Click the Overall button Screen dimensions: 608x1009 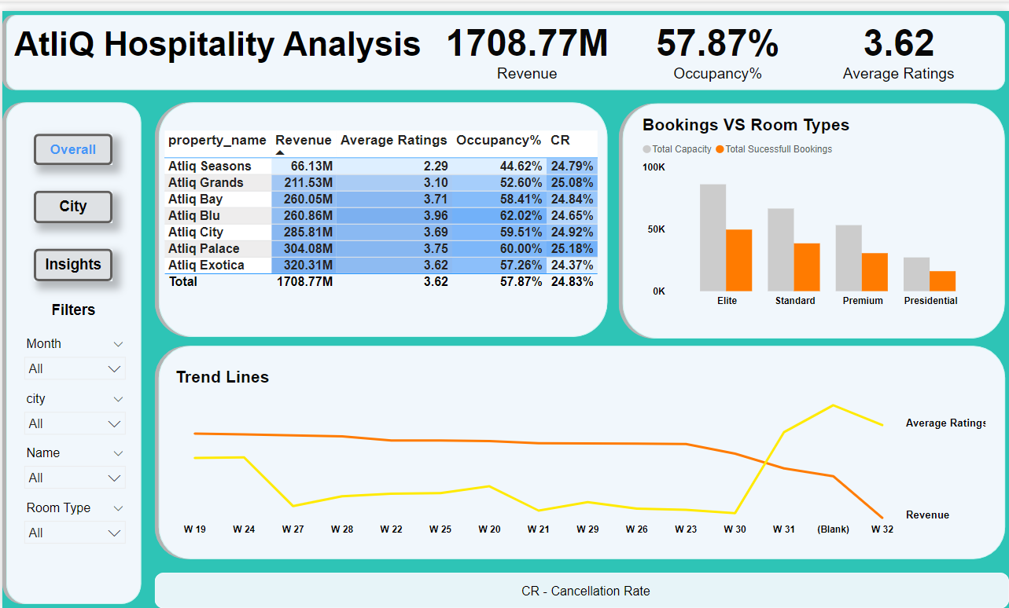pos(73,149)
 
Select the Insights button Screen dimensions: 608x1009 pos(73,265)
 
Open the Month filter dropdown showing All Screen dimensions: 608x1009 pos(75,368)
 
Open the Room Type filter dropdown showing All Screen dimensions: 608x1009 pos(75,533)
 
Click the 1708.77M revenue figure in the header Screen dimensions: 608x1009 pos(527,44)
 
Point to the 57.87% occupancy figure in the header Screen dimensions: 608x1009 pos(717,44)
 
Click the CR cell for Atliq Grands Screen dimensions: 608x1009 pos(572,183)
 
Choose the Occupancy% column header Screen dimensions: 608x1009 pos(499,141)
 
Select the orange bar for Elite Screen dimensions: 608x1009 pos(739,260)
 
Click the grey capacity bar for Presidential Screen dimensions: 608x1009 pos(916,274)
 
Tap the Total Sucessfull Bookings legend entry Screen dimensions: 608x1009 pos(778,149)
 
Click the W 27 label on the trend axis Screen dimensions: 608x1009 pos(293,529)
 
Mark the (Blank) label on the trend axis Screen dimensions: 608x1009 pos(833,529)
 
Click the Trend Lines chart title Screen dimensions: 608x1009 pos(223,377)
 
